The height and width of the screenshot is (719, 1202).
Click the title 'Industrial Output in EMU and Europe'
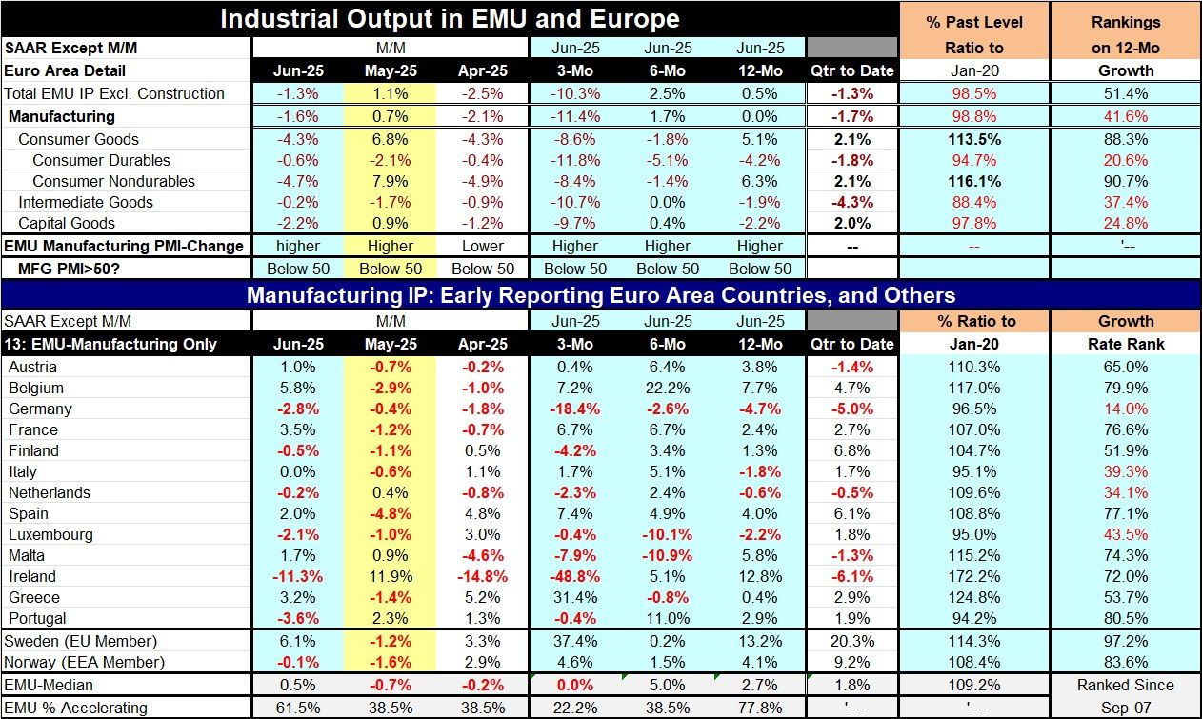[450, 18]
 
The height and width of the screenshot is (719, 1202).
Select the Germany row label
[39, 409]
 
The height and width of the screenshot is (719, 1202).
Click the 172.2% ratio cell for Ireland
[974, 576]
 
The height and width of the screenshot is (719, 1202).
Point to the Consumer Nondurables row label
[113, 181]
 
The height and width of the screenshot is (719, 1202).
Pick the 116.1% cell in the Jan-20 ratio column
[974, 181]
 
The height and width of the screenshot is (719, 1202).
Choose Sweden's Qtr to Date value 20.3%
[851, 640]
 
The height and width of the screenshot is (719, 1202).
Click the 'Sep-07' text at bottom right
[1126, 708]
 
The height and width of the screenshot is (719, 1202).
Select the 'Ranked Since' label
[1126, 685]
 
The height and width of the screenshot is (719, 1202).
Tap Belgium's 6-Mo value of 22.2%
[667, 388]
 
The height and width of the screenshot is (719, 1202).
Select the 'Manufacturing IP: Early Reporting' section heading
[600, 294]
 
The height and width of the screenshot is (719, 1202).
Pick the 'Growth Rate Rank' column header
[1126, 332]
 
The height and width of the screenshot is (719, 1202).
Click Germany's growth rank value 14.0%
[1126, 409]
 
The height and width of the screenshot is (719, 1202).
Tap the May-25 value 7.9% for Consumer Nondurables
[386, 181]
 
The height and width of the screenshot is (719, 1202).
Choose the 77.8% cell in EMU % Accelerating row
[759, 708]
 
